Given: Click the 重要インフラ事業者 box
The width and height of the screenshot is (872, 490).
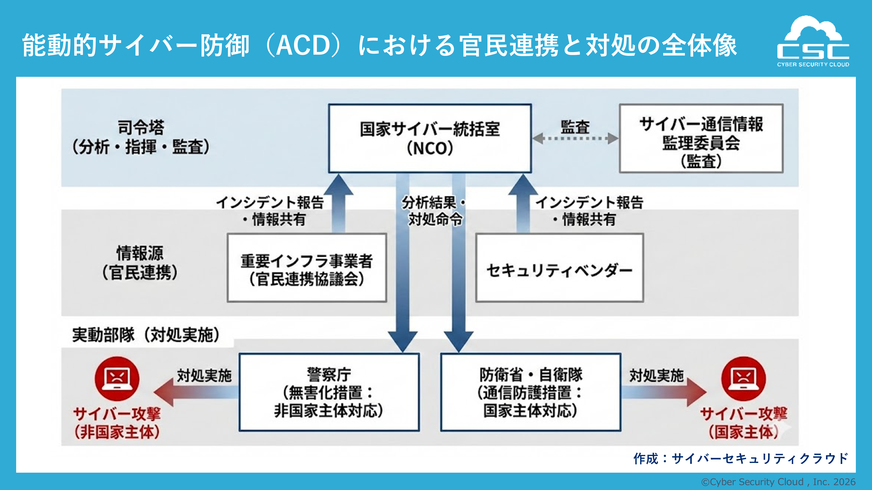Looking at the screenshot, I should coord(307,268).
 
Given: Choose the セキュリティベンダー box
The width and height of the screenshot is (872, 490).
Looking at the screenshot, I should coord(559,268).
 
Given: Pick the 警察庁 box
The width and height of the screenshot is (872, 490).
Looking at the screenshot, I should coord(329,392).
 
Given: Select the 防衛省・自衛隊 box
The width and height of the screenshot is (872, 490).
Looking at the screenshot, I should coord(530,392).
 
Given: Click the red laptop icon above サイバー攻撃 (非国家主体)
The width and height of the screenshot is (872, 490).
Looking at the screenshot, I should coord(117,378).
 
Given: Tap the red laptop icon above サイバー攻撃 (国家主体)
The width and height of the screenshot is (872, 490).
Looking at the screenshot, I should coord(743,378).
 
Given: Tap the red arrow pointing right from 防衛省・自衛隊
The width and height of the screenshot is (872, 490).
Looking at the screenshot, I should coord(663,392).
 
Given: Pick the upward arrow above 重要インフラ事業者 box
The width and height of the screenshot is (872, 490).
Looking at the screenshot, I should coord(339,203).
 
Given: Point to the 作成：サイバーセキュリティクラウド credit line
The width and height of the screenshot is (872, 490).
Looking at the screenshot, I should coord(741,459).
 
